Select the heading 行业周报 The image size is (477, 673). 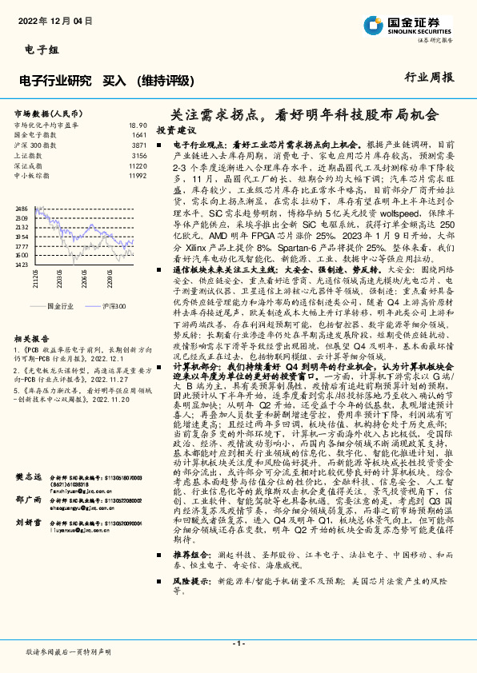pyautogui.click(x=430, y=78)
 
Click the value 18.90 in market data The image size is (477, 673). pyautogui.click(x=138, y=125)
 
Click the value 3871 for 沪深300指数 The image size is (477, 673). pyautogui.click(x=139, y=145)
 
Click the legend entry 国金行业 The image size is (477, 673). pyautogui.click(x=66, y=306)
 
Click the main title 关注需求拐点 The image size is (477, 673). pyautogui.click(x=305, y=114)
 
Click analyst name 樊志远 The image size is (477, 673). pyautogui.click(x=29, y=476)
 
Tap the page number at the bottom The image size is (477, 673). pyautogui.click(x=238, y=643)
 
